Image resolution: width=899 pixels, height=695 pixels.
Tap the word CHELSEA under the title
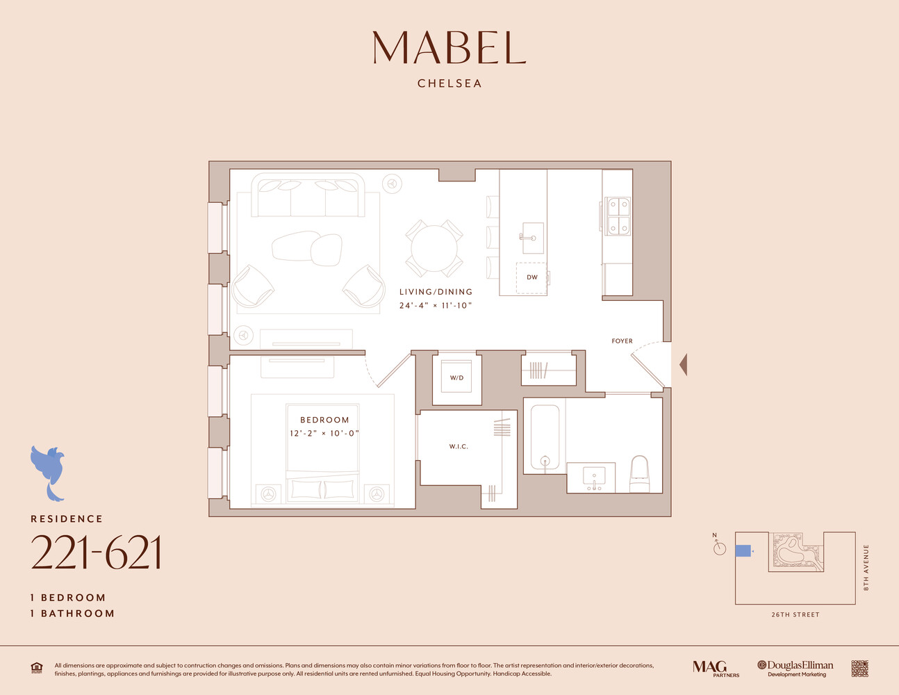coord(449,83)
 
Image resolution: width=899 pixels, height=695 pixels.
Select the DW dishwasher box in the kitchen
coord(531,277)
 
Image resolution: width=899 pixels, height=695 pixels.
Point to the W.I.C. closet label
coord(459,446)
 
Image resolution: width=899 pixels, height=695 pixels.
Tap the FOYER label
coord(622,341)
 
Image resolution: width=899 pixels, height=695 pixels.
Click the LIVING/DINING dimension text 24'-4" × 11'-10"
coord(436,306)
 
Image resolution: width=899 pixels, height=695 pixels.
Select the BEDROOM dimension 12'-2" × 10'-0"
coord(324,433)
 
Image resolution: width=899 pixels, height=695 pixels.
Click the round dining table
coord(434,248)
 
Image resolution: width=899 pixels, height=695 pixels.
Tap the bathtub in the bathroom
coord(545,438)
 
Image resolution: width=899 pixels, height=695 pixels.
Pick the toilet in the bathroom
coord(638,473)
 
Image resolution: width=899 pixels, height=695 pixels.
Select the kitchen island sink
coord(532,238)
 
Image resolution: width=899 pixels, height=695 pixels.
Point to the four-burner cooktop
coord(618,215)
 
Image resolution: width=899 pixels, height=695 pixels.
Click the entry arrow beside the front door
coord(683,364)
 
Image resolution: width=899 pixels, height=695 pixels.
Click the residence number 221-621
coord(96,553)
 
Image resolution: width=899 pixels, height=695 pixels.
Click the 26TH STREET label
coord(795,614)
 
